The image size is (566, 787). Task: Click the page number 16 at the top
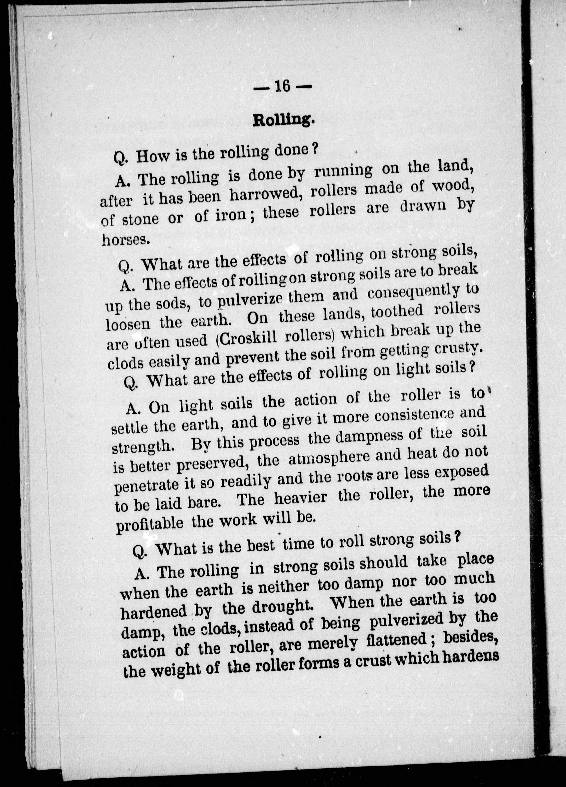[282, 86]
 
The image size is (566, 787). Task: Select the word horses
[126, 240]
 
